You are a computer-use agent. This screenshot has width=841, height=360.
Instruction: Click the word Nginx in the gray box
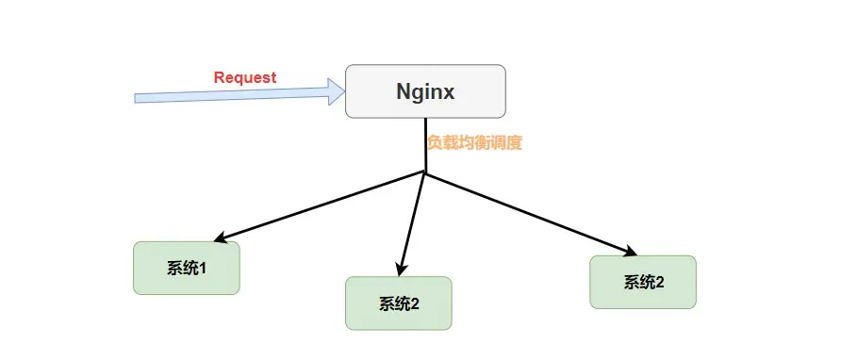(424, 92)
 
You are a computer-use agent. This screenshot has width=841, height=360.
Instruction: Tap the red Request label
(245, 77)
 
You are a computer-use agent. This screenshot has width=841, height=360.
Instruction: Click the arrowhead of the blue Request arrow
(336, 90)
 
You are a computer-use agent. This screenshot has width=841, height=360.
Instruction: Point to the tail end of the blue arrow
(138, 98)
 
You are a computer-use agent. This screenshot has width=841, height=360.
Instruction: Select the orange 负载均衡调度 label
(474, 143)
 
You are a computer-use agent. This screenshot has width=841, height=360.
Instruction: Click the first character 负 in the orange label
(435, 143)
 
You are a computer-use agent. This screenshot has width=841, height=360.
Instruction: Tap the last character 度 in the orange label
(514, 143)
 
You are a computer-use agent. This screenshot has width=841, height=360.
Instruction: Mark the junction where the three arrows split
(426, 173)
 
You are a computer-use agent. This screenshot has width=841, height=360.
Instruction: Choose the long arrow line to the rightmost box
(528, 213)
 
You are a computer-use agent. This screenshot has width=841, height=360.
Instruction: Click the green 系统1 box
(187, 269)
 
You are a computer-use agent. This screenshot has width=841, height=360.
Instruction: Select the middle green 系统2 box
(399, 303)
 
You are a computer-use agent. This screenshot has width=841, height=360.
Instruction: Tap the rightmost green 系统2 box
(643, 282)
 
